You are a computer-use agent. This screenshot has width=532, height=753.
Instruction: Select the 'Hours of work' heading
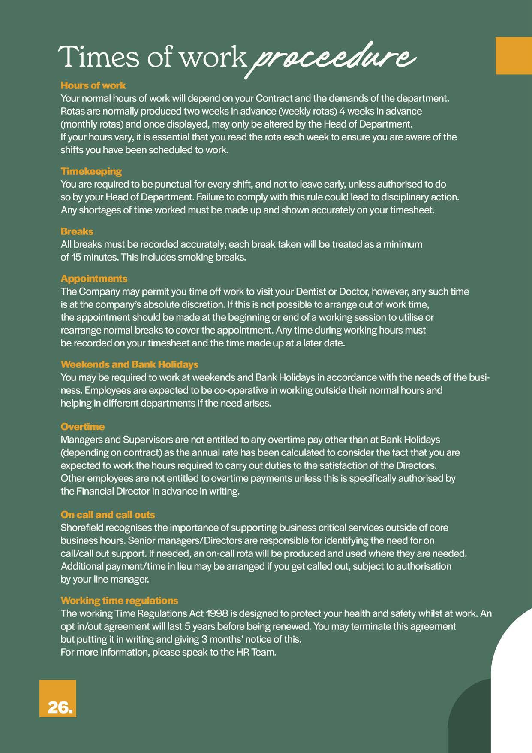pos(93,85)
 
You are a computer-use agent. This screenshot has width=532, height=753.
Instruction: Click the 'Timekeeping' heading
pos(91,171)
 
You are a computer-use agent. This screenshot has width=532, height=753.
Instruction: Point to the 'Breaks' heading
pos(77,231)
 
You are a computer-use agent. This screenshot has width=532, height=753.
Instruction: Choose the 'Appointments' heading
pos(94,279)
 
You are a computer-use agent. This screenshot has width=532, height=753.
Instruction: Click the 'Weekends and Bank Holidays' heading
pos(129,364)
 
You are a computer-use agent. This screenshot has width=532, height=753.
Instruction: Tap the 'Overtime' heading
pos(82,427)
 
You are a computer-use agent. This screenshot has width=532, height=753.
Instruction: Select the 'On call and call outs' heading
pos(108,515)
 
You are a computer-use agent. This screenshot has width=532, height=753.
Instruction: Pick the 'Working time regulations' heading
pos(119,601)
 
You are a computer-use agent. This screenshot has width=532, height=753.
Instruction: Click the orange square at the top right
pos(514,56)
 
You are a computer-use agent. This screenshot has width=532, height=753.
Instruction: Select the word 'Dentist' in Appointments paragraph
pos(310,292)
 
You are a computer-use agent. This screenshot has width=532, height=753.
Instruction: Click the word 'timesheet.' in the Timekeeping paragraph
pos(412,210)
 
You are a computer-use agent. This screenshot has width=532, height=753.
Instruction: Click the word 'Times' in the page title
pos(99,57)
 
